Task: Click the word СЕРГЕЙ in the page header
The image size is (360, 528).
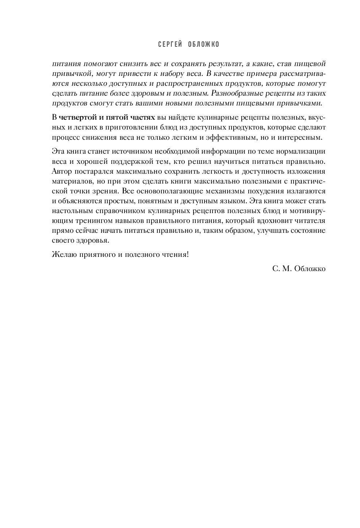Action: tap(170, 45)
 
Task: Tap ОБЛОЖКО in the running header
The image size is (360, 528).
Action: tap(204, 45)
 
